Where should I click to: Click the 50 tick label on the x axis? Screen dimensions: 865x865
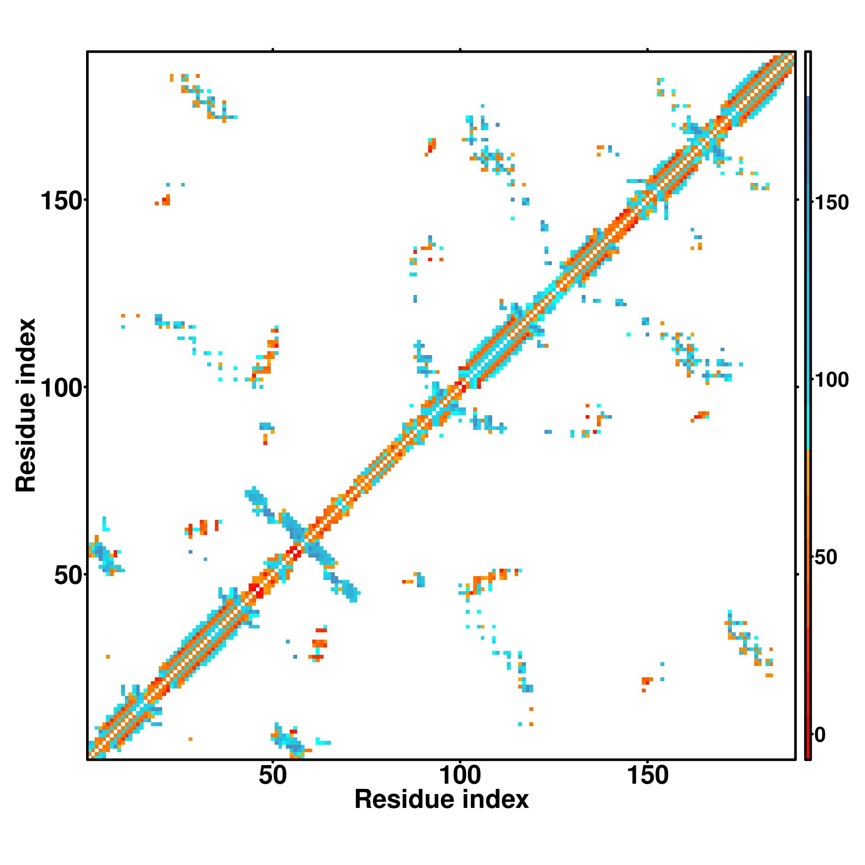click(272, 775)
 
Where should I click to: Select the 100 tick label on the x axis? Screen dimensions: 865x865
click(460, 775)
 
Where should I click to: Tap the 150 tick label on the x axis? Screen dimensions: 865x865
click(647, 775)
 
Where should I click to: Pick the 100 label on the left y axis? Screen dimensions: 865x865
click(63, 389)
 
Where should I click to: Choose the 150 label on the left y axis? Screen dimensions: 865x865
click(63, 201)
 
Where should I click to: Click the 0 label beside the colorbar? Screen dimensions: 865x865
click(820, 735)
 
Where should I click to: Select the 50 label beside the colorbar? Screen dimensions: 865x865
click(825, 558)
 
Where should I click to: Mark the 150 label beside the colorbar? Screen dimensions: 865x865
click(831, 203)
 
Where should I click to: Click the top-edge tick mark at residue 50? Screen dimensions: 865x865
click(272, 50)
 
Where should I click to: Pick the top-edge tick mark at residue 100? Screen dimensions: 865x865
click(460, 50)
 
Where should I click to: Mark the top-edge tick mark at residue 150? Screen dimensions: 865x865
click(647, 50)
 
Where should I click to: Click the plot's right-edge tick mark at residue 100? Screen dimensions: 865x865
click(798, 387)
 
